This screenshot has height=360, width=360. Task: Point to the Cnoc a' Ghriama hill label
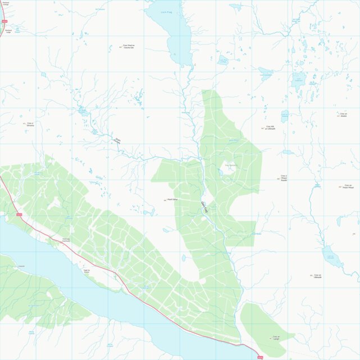tap(30, 124)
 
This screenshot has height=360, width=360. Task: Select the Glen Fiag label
tap(204, 207)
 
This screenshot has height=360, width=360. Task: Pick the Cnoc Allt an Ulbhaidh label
tap(270, 127)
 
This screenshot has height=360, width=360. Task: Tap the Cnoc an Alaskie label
tap(343, 115)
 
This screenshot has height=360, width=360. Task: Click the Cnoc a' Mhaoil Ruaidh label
tap(284, 179)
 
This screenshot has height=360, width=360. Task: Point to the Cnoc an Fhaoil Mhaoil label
tap(348, 186)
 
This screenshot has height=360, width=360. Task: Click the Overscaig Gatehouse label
tap(66, 240)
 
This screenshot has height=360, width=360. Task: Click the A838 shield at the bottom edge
tap(259, 357)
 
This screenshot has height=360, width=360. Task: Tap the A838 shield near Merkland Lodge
tap(4, 21)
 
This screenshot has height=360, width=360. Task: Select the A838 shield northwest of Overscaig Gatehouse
tap(19, 214)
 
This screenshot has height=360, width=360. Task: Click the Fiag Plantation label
tap(231, 166)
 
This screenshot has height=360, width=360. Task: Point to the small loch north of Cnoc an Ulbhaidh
tap(333, 256)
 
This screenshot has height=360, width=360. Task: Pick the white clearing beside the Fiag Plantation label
tap(227, 174)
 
